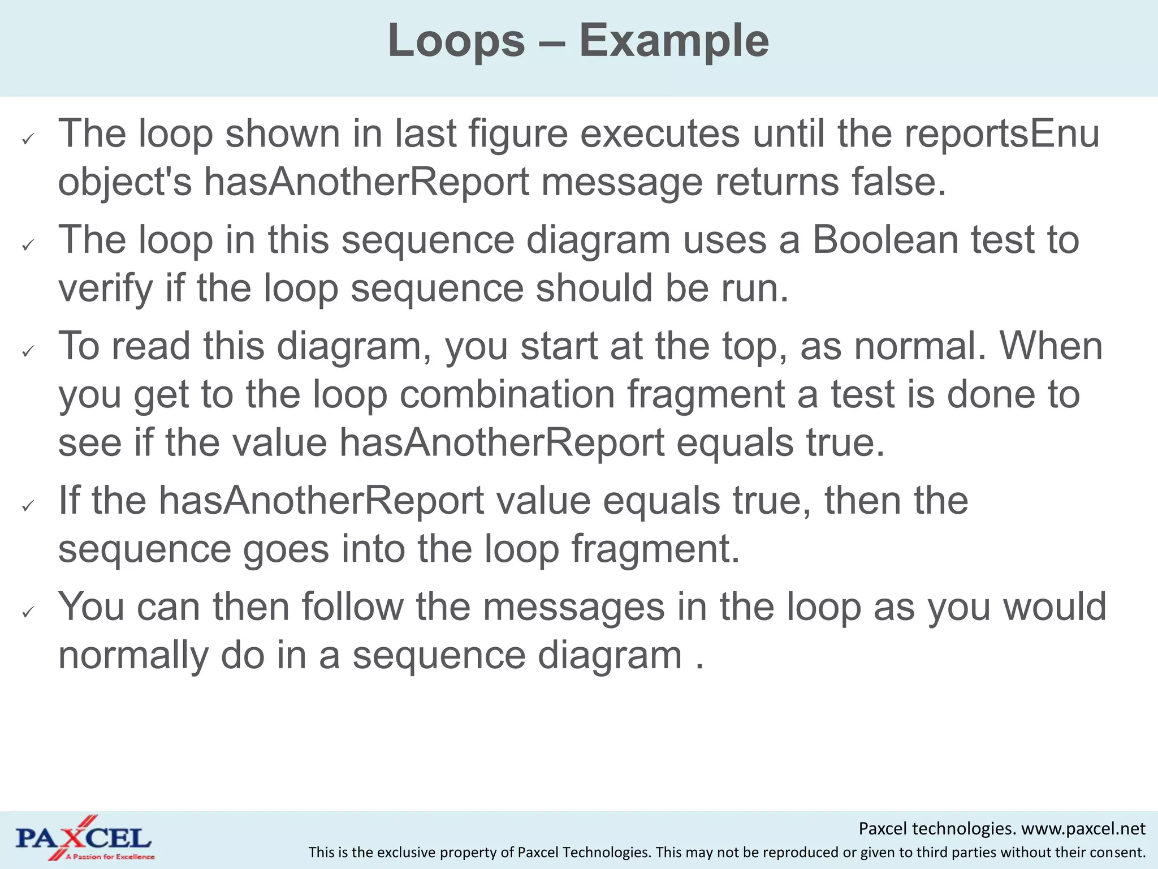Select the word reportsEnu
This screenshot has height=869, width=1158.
(1002, 134)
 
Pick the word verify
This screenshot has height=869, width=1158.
(106, 289)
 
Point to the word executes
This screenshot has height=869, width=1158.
(660, 134)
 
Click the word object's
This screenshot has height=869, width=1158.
(125, 182)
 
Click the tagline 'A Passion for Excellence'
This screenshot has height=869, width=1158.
(110, 857)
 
